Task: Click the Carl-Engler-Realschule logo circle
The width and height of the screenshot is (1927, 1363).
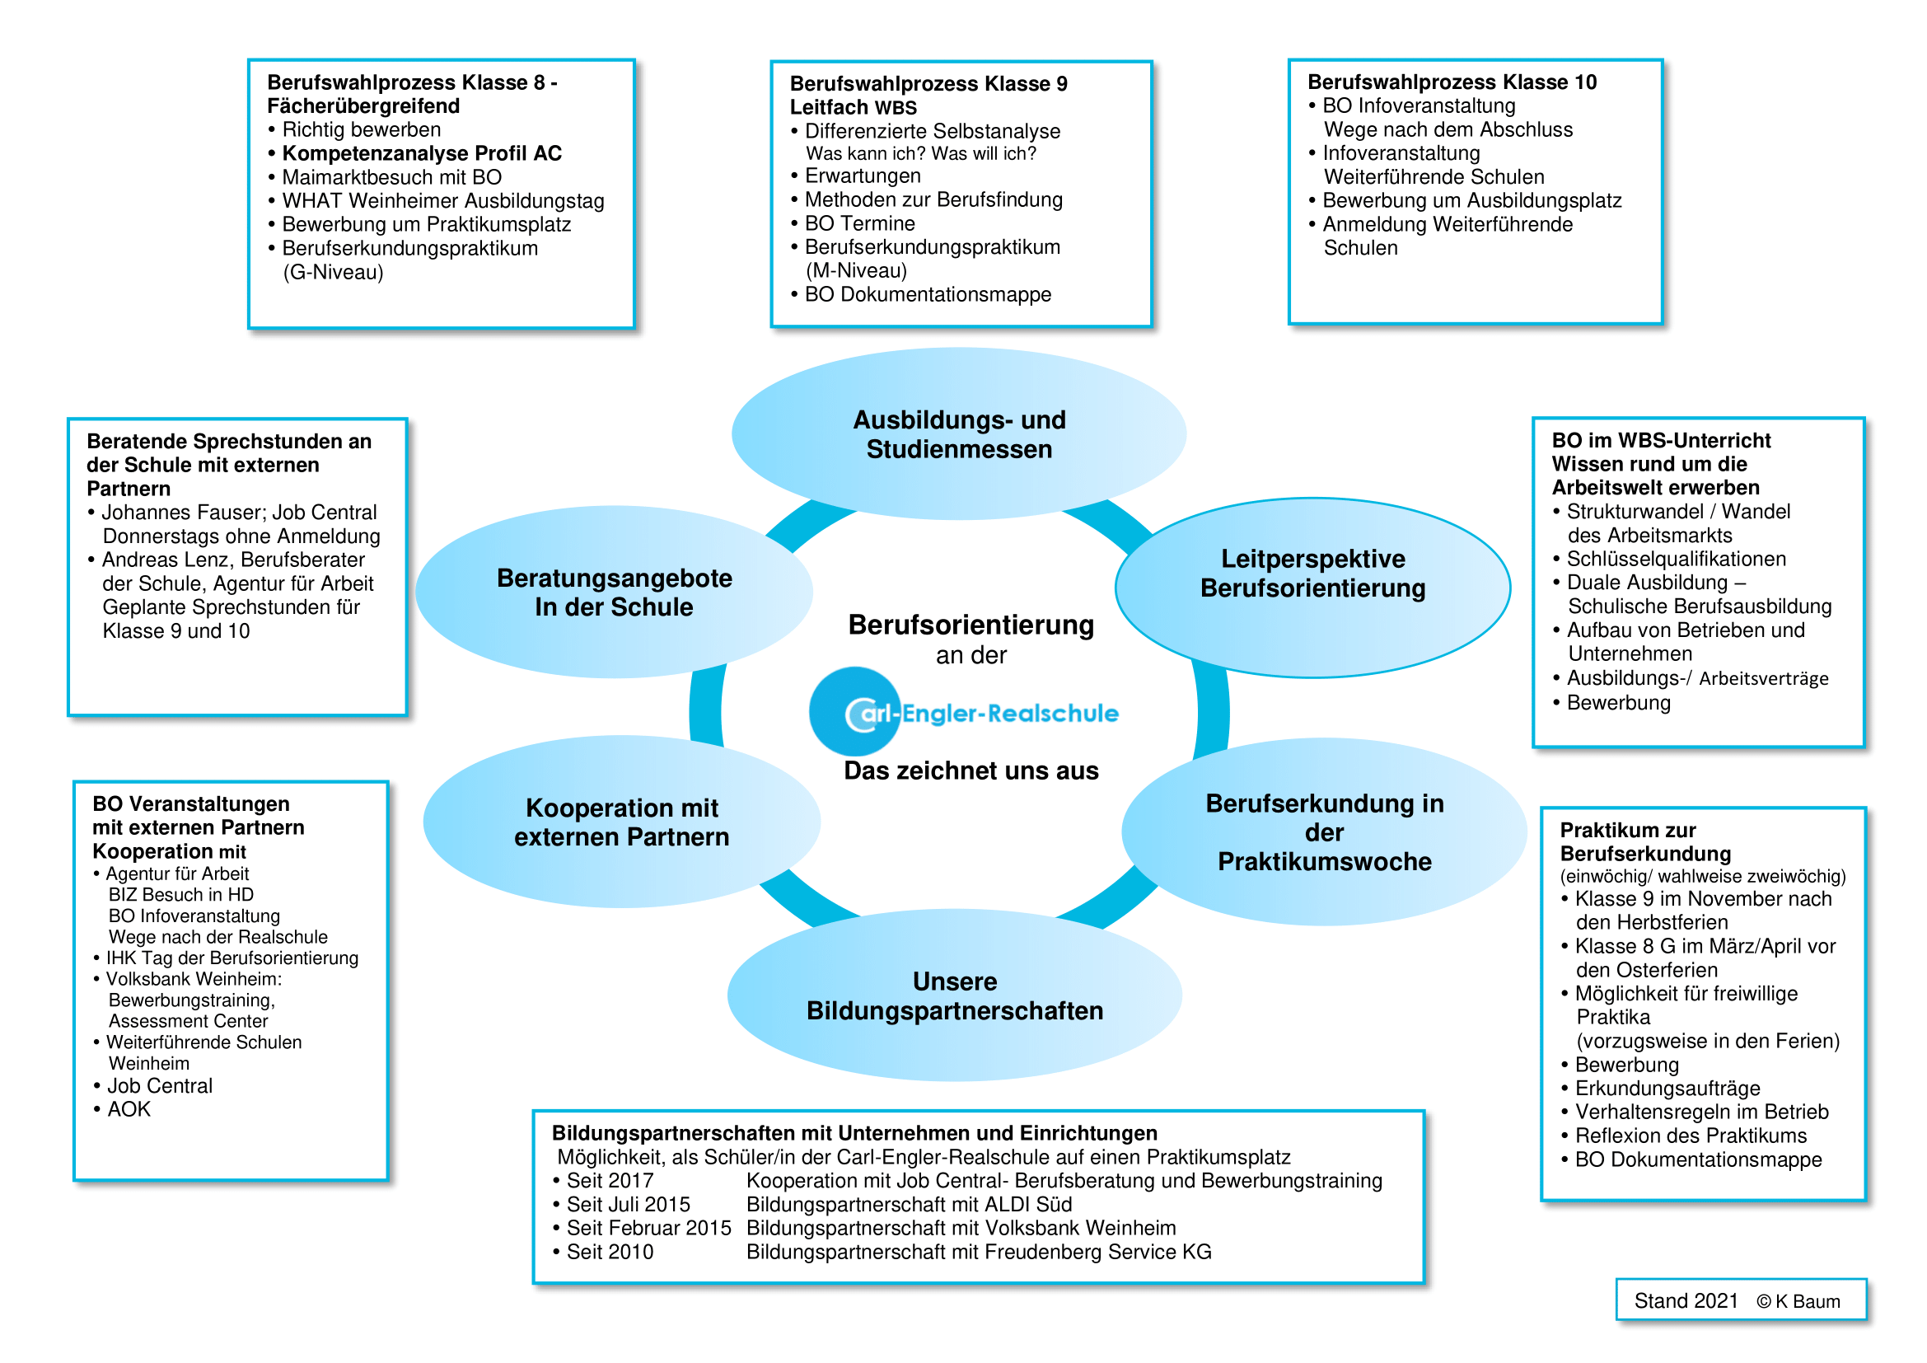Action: (x=854, y=712)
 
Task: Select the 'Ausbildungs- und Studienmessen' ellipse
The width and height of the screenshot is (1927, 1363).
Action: (x=958, y=434)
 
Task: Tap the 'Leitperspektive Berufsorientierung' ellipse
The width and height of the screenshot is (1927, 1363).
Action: (x=1312, y=574)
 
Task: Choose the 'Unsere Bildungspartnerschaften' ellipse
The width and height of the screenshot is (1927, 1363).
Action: (x=954, y=996)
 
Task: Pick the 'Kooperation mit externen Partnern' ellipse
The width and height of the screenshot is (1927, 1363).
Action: (x=621, y=822)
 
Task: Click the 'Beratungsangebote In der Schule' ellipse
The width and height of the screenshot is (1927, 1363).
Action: (x=615, y=593)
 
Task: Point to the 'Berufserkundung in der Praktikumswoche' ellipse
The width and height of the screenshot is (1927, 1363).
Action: (x=1325, y=831)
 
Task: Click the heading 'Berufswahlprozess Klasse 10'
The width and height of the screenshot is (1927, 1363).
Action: (x=1452, y=82)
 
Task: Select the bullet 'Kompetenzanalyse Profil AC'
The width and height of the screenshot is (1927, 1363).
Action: (x=421, y=153)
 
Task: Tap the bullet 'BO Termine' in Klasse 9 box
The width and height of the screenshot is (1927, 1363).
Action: (x=859, y=223)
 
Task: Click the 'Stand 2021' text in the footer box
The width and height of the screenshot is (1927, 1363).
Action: (x=1686, y=1301)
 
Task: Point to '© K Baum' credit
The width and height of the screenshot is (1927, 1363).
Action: (x=1798, y=1302)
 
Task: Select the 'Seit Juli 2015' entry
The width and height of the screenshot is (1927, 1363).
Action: (x=628, y=1205)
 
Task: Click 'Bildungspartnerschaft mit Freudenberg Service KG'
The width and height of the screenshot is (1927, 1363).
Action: (x=979, y=1253)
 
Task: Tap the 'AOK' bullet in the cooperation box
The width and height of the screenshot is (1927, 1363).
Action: (x=129, y=1109)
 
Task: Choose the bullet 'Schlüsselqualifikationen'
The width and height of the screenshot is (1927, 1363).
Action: (x=1676, y=559)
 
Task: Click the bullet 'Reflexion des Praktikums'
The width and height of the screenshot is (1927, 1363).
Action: (x=1691, y=1136)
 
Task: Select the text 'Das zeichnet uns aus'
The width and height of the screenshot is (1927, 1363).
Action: (x=971, y=770)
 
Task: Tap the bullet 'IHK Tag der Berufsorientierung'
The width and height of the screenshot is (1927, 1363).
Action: (x=232, y=958)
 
